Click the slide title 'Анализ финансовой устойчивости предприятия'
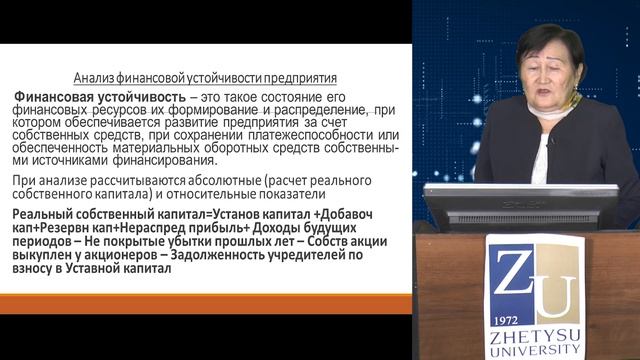pyautogui.click(x=206, y=77)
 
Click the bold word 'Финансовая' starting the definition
pyautogui.click(x=52, y=98)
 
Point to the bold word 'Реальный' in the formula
pyautogui.click(x=46, y=216)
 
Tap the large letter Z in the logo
pyautogui.click(x=509, y=270)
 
